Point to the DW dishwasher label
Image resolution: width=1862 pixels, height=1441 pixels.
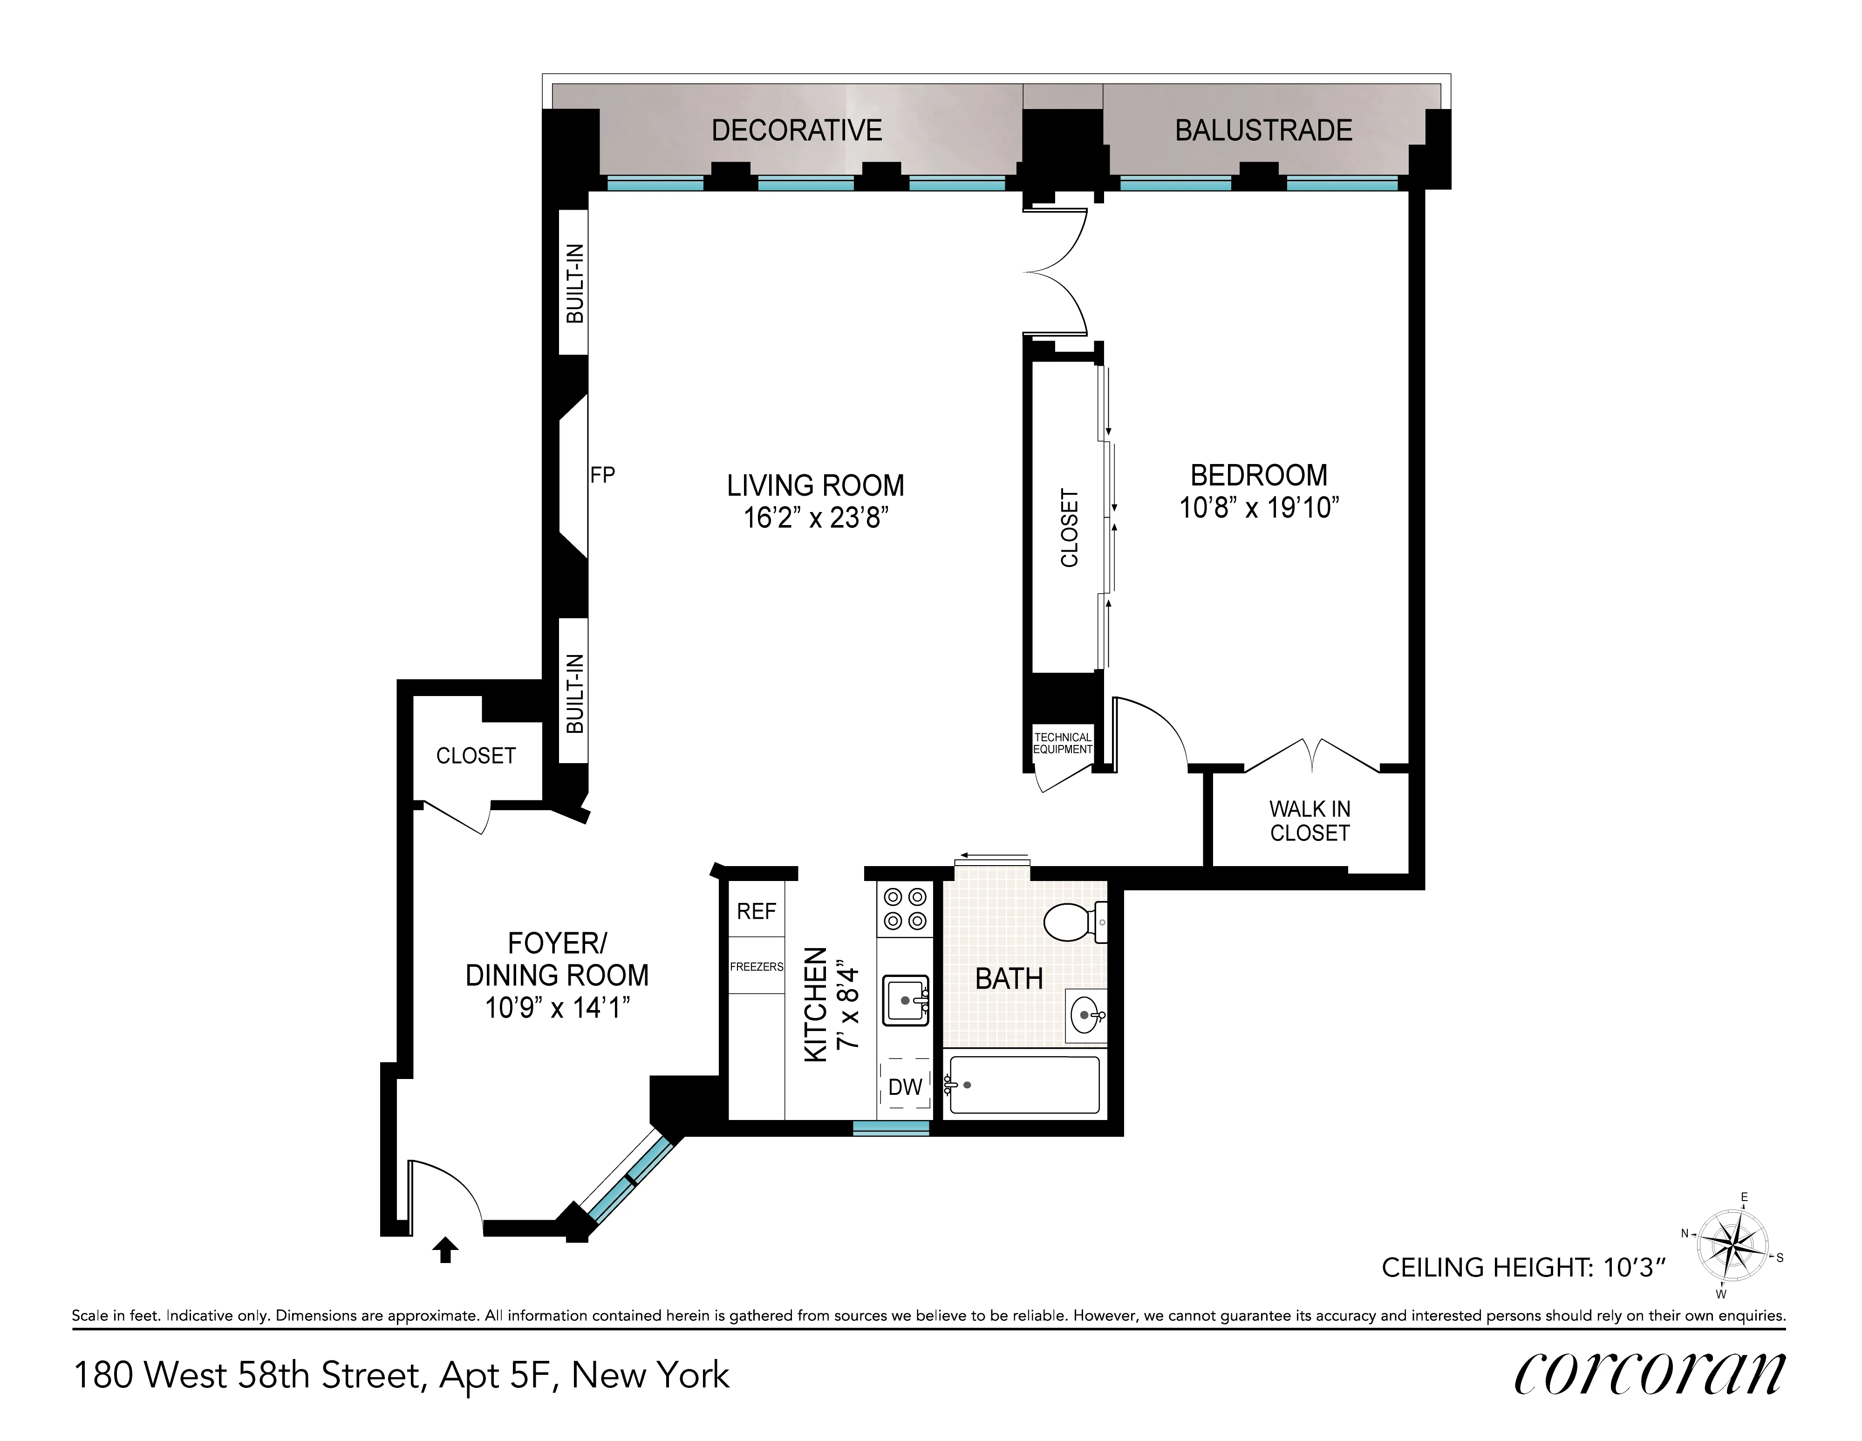pyautogui.click(x=905, y=1087)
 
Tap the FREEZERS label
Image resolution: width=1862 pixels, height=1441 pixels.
pyautogui.click(x=756, y=967)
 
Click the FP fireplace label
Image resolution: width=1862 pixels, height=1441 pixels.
pyautogui.click(x=602, y=475)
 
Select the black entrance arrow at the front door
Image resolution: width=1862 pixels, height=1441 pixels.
pyautogui.click(x=445, y=1250)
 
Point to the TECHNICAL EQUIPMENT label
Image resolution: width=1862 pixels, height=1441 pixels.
pyautogui.click(x=1062, y=743)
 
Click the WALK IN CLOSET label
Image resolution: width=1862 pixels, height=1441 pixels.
pyautogui.click(x=1310, y=820)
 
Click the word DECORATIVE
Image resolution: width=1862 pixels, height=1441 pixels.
pyautogui.click(x=796, y=130)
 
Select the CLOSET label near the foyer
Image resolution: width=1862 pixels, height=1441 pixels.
pyautogui.click(x=476, y=756)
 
